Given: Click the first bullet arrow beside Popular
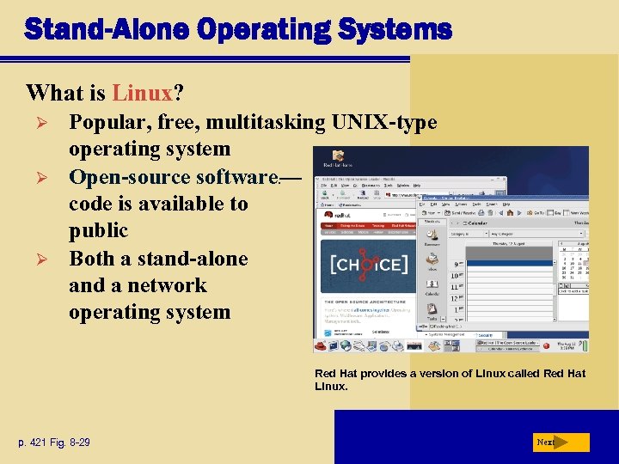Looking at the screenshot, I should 36,123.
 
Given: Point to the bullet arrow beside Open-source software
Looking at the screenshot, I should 36,177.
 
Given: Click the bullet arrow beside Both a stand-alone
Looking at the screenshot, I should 36,259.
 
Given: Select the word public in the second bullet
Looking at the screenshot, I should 98,231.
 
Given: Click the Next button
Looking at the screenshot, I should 560,443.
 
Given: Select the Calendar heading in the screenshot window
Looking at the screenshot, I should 478,221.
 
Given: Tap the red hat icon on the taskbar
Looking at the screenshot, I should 322,345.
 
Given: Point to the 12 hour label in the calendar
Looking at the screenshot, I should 455,300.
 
